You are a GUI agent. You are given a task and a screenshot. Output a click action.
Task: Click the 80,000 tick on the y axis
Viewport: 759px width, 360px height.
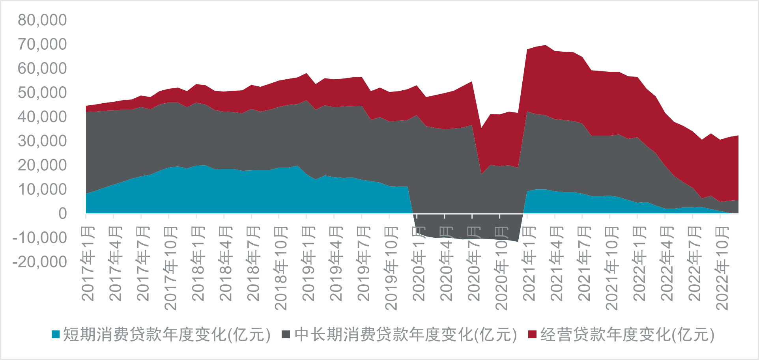pyautogui.click(x=42, y=20)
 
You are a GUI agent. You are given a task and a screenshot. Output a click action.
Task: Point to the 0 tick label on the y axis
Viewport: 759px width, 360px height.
pyautogui.click(x=62, y=214)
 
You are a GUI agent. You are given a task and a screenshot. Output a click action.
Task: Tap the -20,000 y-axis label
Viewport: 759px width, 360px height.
pyautogui.click(x=39, y=262)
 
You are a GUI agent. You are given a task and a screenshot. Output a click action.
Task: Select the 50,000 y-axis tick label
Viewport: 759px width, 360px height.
pyautogui.click(x=42, y=93)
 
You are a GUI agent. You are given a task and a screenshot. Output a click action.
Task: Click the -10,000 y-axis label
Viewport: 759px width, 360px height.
pyautogui.click(x=39, y=238)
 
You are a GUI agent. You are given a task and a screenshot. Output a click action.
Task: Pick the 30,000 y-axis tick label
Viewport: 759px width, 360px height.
pyautogui.click(x=42, y=141)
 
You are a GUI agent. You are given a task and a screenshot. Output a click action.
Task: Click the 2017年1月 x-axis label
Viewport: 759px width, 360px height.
pyautogui.click(x=88, y=263)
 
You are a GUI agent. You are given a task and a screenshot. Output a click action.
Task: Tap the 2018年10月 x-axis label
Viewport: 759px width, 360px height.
pyautogui.click(x=280, y=268)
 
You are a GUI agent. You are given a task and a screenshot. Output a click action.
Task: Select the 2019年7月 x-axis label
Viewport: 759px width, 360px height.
pyautogui.click(x=363, y=263)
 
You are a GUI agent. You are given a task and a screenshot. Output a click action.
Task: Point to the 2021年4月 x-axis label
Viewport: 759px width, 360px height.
pyautogui.click(x=557, y=263)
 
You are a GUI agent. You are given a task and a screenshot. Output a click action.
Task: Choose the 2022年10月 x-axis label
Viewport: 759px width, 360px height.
pyautogui.click(x=722, y=268)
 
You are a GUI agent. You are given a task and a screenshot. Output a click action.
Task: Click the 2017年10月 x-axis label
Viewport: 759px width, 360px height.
pyautogui.click(x=170, y=268)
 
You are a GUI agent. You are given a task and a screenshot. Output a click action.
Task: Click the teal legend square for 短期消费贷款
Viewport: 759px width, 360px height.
pyautogui.click(x=56, y=334)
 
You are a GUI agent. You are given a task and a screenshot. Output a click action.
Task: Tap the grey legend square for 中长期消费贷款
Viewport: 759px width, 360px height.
pyautogui.click(x=286, y=334)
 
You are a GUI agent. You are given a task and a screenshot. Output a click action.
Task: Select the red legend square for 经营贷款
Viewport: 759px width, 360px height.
pyautogui.click(x=532, y=334)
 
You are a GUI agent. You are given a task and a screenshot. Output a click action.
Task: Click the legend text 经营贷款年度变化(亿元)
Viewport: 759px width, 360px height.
pyautogui.click(x=627, y=334)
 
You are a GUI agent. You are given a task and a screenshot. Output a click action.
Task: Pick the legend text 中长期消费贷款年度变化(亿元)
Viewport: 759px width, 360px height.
pyautogui.click(x=406, y=334)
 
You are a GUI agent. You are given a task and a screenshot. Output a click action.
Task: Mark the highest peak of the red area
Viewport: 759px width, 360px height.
pyautogui.click(x=546, y=45)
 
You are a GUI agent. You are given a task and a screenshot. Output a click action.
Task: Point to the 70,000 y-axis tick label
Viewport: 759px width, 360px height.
pyautogui.click(x=42, y=44)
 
